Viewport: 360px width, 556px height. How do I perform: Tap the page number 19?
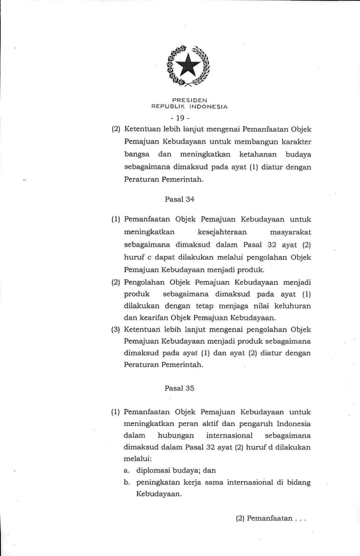pos(180,117)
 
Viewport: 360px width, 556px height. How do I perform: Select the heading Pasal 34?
pos(179,199)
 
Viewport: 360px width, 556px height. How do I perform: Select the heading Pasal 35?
pos(179,388)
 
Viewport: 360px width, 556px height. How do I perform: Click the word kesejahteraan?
pos(222,232)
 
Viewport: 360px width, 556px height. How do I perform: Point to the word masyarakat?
pos(290,232)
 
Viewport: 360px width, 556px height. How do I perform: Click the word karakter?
pos(296,142)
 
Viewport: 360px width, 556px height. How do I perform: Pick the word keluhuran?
pos(292,306)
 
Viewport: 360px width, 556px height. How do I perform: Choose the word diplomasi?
pos(153,470)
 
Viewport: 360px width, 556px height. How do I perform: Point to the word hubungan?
pos(175,436)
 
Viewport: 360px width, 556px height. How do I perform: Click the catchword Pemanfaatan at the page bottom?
pos(269,518)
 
